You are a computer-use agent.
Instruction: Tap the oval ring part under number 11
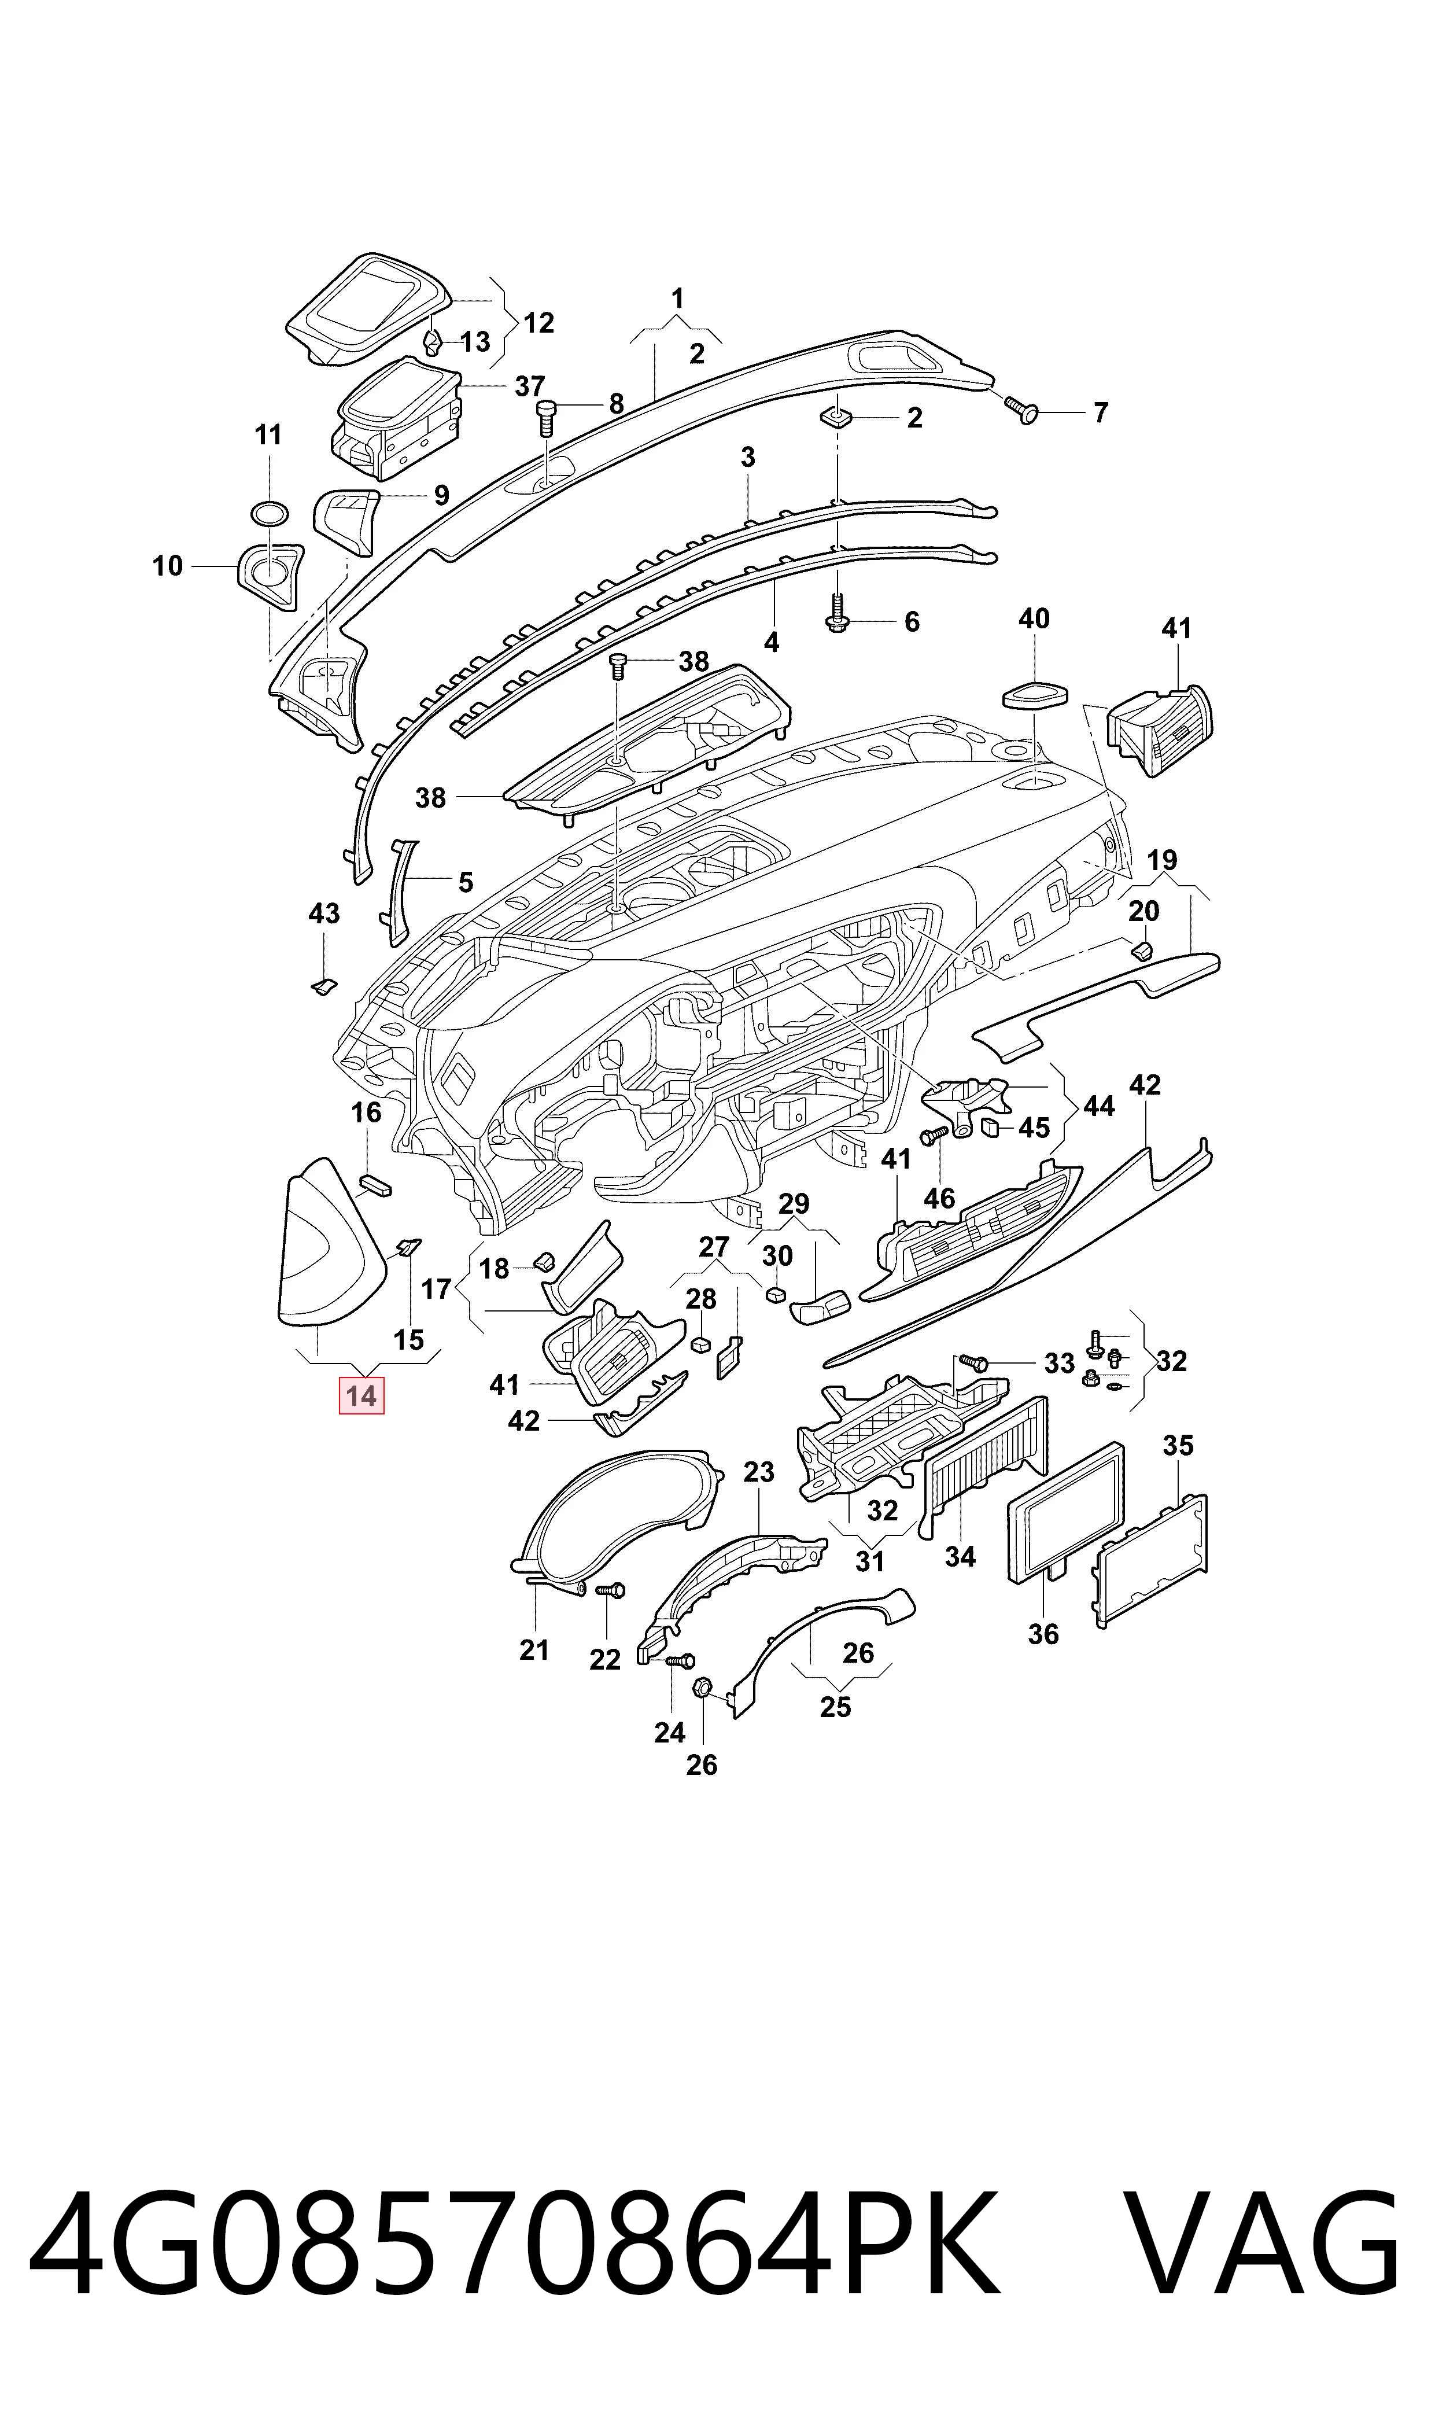[x=269, y=513]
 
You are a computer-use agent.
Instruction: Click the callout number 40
[x=1034, y=619]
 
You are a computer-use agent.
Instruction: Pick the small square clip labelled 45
[x=989, y=1126]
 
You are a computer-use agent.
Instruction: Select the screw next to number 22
[x=612, y=1589]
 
